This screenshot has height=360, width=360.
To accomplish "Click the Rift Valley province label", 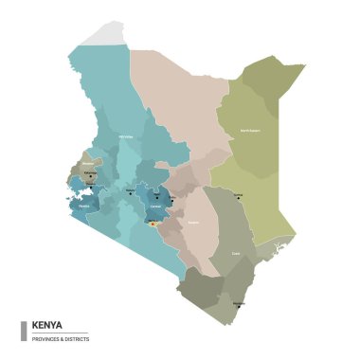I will click(x=124, y=137).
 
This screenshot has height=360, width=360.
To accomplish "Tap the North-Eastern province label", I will click(x=250, y=130).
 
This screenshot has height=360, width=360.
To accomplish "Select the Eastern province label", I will click(x=193, y=223).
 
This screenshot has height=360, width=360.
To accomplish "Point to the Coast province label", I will click(x=235, y=254).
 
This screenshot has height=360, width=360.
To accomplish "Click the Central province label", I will click(x=156, y=207).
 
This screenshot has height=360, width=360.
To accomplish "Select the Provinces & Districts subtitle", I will click(x=60, y=337).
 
